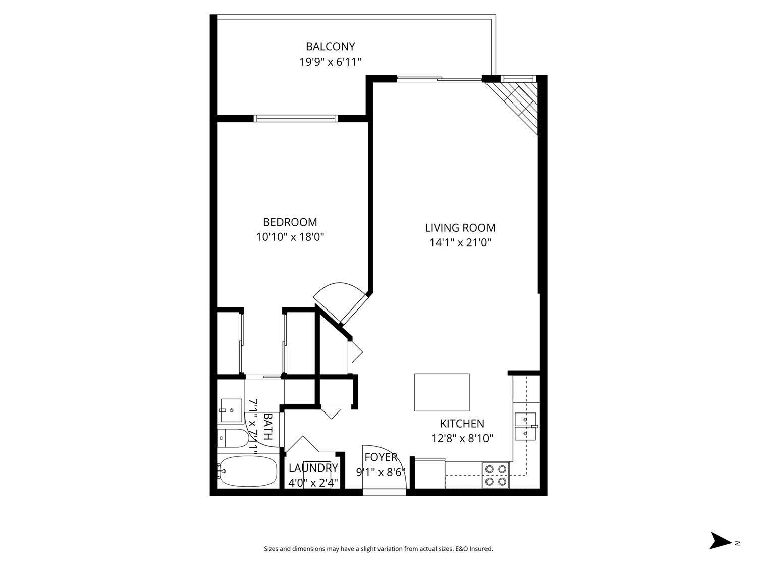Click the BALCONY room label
(x=330, y=46)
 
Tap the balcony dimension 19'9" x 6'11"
(x=330, y=62)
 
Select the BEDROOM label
(x=290, y=222)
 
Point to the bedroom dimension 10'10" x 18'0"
(x=290, y=237)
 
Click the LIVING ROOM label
(x=460, y=228)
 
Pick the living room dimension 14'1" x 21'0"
(x=460, y=243)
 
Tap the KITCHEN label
(x=462, y=424)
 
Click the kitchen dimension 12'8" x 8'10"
(x=462, y=438)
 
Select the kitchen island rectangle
(x=442, y=392)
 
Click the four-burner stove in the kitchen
(x=495, y=475)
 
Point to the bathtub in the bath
(x=247, y=472)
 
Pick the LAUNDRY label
(x=313, y=468)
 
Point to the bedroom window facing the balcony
(x=295, y=119)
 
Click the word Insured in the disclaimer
(x=481, y=549)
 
